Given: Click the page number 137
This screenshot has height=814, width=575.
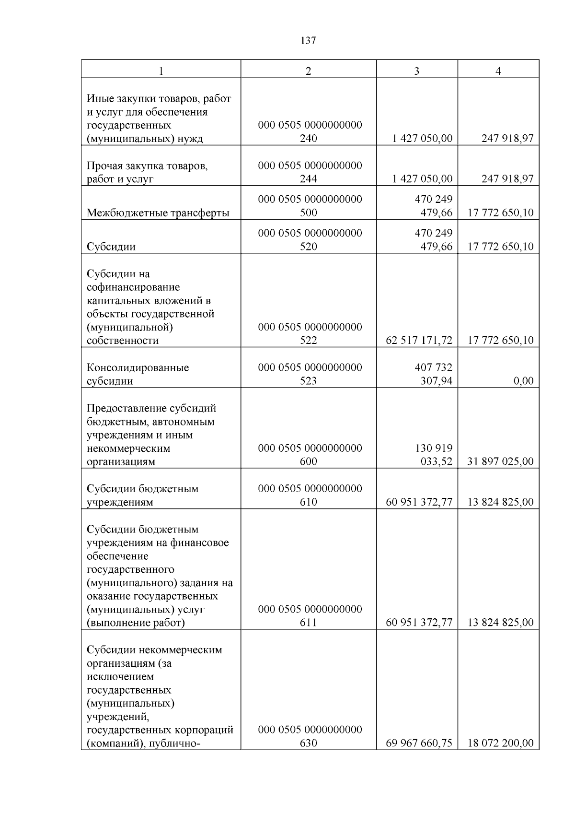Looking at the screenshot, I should click(308, 41).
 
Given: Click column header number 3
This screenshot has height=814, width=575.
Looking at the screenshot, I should click(416, 71).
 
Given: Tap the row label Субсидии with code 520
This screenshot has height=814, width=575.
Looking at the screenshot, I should click(111, 247).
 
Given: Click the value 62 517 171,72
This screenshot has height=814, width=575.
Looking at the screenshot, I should click(419, 341).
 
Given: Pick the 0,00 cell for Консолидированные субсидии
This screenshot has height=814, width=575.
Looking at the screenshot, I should click(523, 381).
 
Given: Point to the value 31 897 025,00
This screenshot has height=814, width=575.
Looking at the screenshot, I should click(500, 461).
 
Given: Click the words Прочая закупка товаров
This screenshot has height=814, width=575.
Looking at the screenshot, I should click(147, 166).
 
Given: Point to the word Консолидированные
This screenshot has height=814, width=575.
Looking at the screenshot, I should click(138, 368).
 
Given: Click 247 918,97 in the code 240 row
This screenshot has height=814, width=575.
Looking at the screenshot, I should click(507, 139).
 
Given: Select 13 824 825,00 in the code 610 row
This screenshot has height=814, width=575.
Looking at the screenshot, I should click(500, 502).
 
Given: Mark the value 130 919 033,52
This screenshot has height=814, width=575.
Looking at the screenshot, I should click(433, 455).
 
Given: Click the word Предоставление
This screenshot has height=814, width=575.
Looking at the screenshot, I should click(121, 408).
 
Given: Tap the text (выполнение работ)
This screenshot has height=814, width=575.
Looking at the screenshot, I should click(136, 623).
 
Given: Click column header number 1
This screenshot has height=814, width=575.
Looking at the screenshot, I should click(161, 71).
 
